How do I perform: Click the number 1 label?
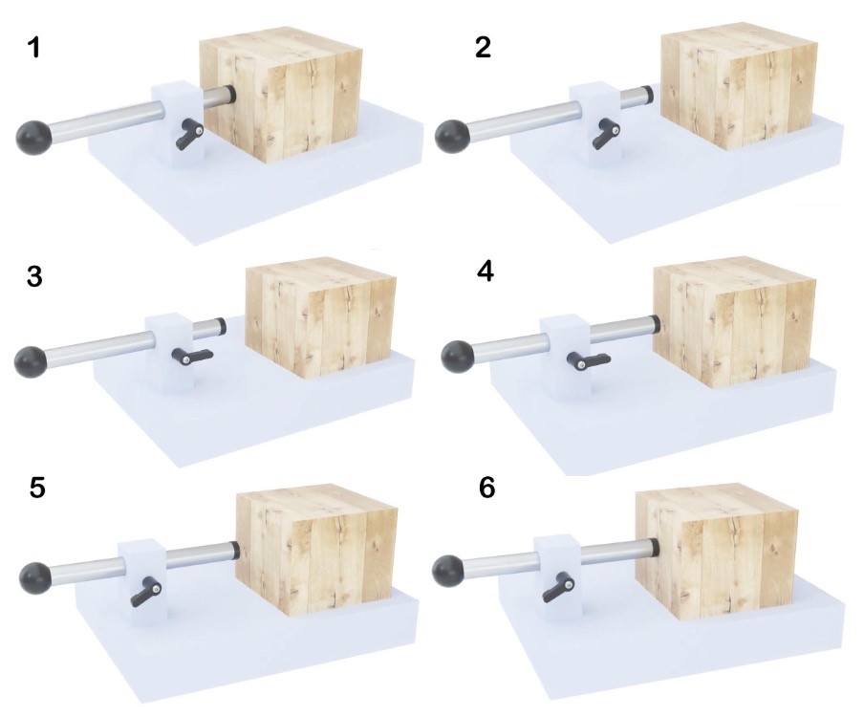33,48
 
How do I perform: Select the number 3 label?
34,276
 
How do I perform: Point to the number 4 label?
485,272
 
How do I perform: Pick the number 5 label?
37,489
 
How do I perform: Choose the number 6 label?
487,489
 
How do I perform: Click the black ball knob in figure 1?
34,136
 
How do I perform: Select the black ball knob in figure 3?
31,361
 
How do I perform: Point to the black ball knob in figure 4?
459,356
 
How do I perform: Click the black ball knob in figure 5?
35,577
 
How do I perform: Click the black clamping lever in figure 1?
189,134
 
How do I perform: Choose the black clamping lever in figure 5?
146,593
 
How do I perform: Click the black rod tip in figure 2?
650,94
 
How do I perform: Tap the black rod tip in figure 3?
222,325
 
